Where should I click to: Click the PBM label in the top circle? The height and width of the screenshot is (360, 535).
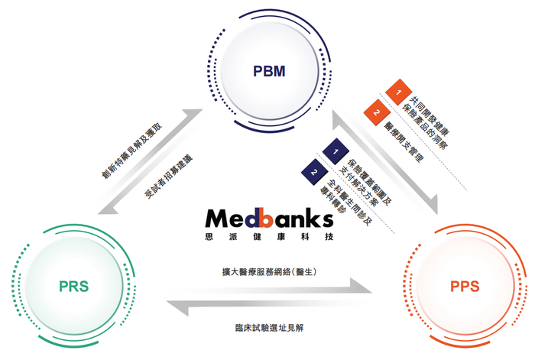coord(268,72)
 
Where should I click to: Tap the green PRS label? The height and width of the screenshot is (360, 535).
coord(73,287)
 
